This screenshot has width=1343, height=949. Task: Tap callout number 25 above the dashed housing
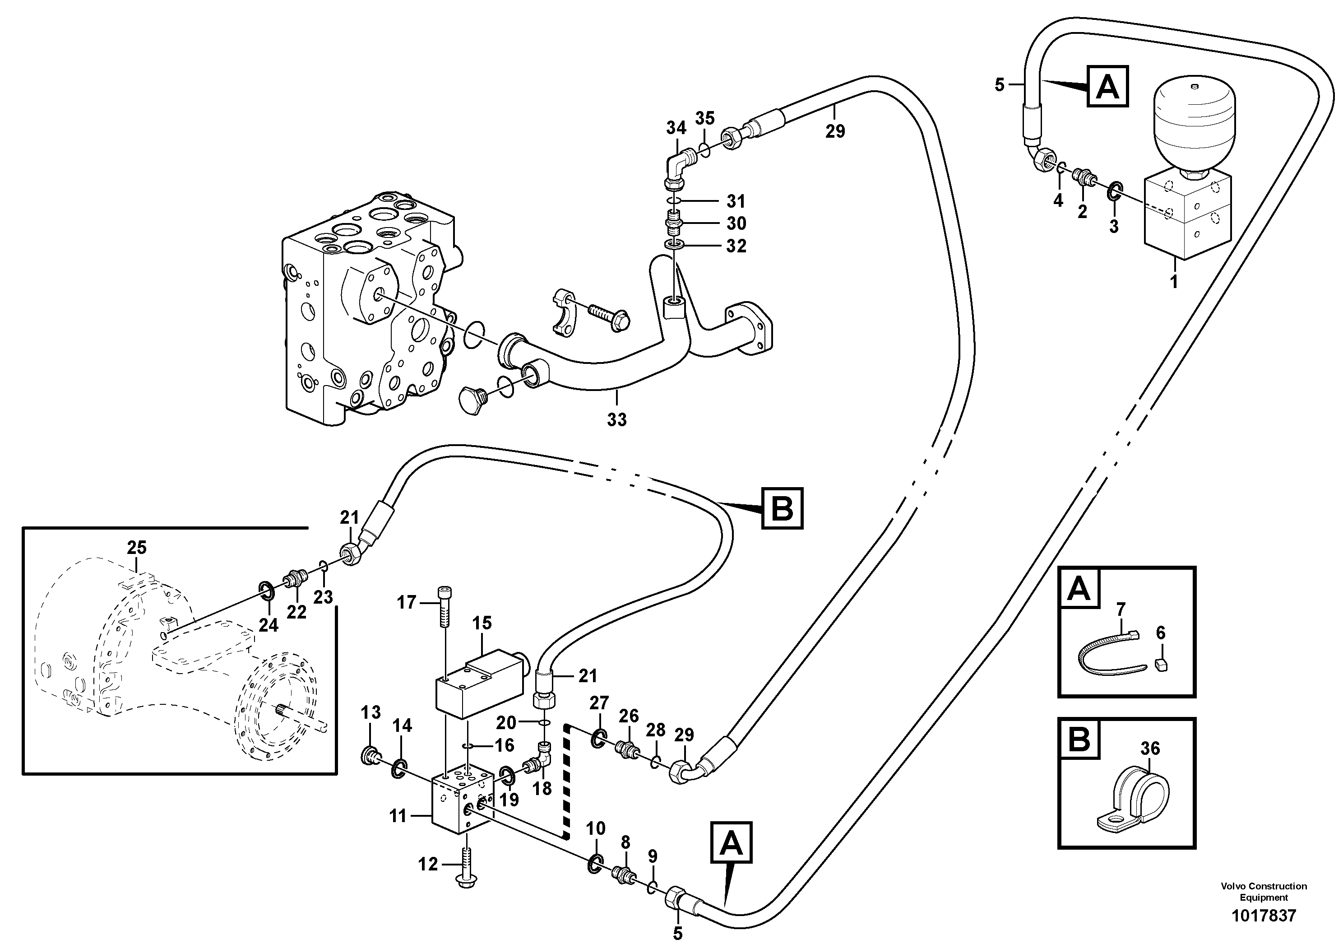click(137, 548)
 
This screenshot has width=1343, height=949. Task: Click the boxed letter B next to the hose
click(782, 508)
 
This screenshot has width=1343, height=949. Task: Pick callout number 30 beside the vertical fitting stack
click(736, 223)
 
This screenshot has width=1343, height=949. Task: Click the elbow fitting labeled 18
click(539, 761)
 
